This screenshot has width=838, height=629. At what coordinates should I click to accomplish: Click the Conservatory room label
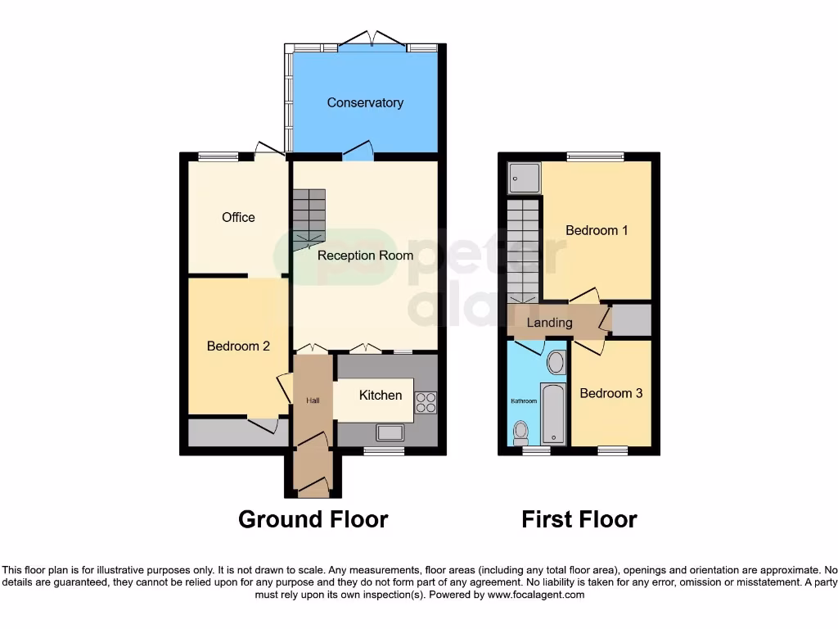[365, 102]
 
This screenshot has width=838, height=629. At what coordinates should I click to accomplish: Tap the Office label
[238, 217]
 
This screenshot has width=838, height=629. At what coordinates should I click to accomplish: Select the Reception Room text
[365, 256]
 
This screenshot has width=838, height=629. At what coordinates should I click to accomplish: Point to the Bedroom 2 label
[238, 346]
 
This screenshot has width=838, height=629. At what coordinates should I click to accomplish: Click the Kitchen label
[381, 396]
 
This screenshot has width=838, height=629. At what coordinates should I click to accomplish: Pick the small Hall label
[313, 400]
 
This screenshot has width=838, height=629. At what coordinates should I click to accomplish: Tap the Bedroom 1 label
[597, 230]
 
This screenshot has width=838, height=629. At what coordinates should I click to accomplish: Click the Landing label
[549, 323]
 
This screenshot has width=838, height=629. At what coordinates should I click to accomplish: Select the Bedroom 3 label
[610, 393]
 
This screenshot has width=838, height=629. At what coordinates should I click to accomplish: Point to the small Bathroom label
[524, 401]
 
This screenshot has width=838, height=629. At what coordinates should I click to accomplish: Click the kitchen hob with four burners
[426, 401]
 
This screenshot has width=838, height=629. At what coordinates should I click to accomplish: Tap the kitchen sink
[389, 432]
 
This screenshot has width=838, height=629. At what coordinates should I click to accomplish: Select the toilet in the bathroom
[520, 431]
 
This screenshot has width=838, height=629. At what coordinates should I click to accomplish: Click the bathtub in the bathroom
[554, 414]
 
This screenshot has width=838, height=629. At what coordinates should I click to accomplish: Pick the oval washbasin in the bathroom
[555, 362]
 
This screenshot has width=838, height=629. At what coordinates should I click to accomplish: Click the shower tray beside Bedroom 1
[524, 176]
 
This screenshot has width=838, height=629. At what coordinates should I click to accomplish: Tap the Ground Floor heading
[313, 519]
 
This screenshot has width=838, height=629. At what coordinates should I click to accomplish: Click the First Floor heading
[579, 519]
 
